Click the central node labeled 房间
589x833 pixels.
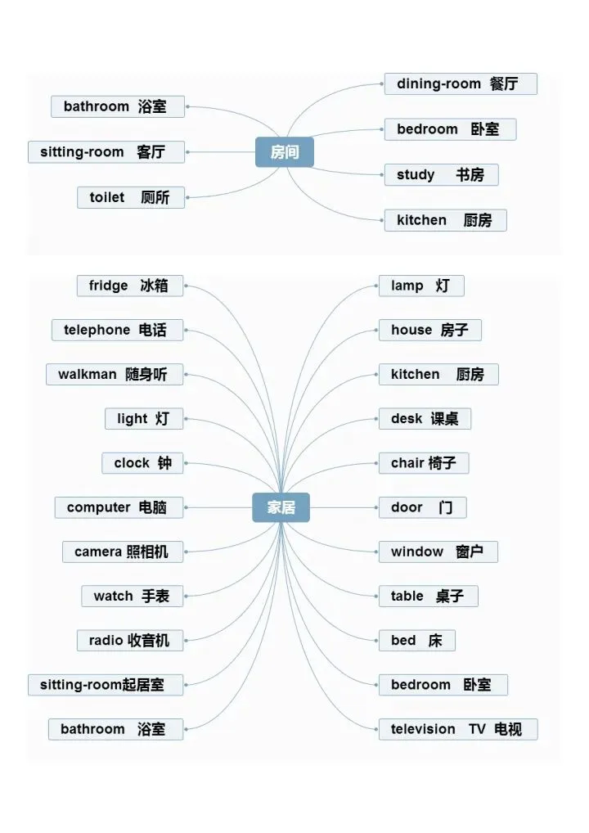click(x=284, y=152)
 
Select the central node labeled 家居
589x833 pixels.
click(x=281, y=507)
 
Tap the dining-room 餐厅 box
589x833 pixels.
click(x=461, y=84)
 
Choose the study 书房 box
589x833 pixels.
click(x=441, y=175)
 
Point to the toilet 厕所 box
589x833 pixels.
click(x=131, y=198)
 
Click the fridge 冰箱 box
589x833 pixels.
click(x=129, y=286)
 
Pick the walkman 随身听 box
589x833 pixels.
click(x=115, y=375)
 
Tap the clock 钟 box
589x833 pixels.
click(x=143, y=463)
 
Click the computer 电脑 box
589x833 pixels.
click(x=119, y=507)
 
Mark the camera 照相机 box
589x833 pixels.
click(x=123, y=552)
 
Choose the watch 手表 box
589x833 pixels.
click(x=132, y=596)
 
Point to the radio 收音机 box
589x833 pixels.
click(x=130, y=640)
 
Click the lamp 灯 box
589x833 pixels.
click(x=420, y=286)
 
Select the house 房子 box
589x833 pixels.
click(x=429, y=331)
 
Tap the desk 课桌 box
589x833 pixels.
click(x=425, y=419)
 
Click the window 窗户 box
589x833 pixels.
click(x=438, y=552)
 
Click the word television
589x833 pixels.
click(x=423, y=730)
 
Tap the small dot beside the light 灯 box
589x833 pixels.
click(x=187, y=419)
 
